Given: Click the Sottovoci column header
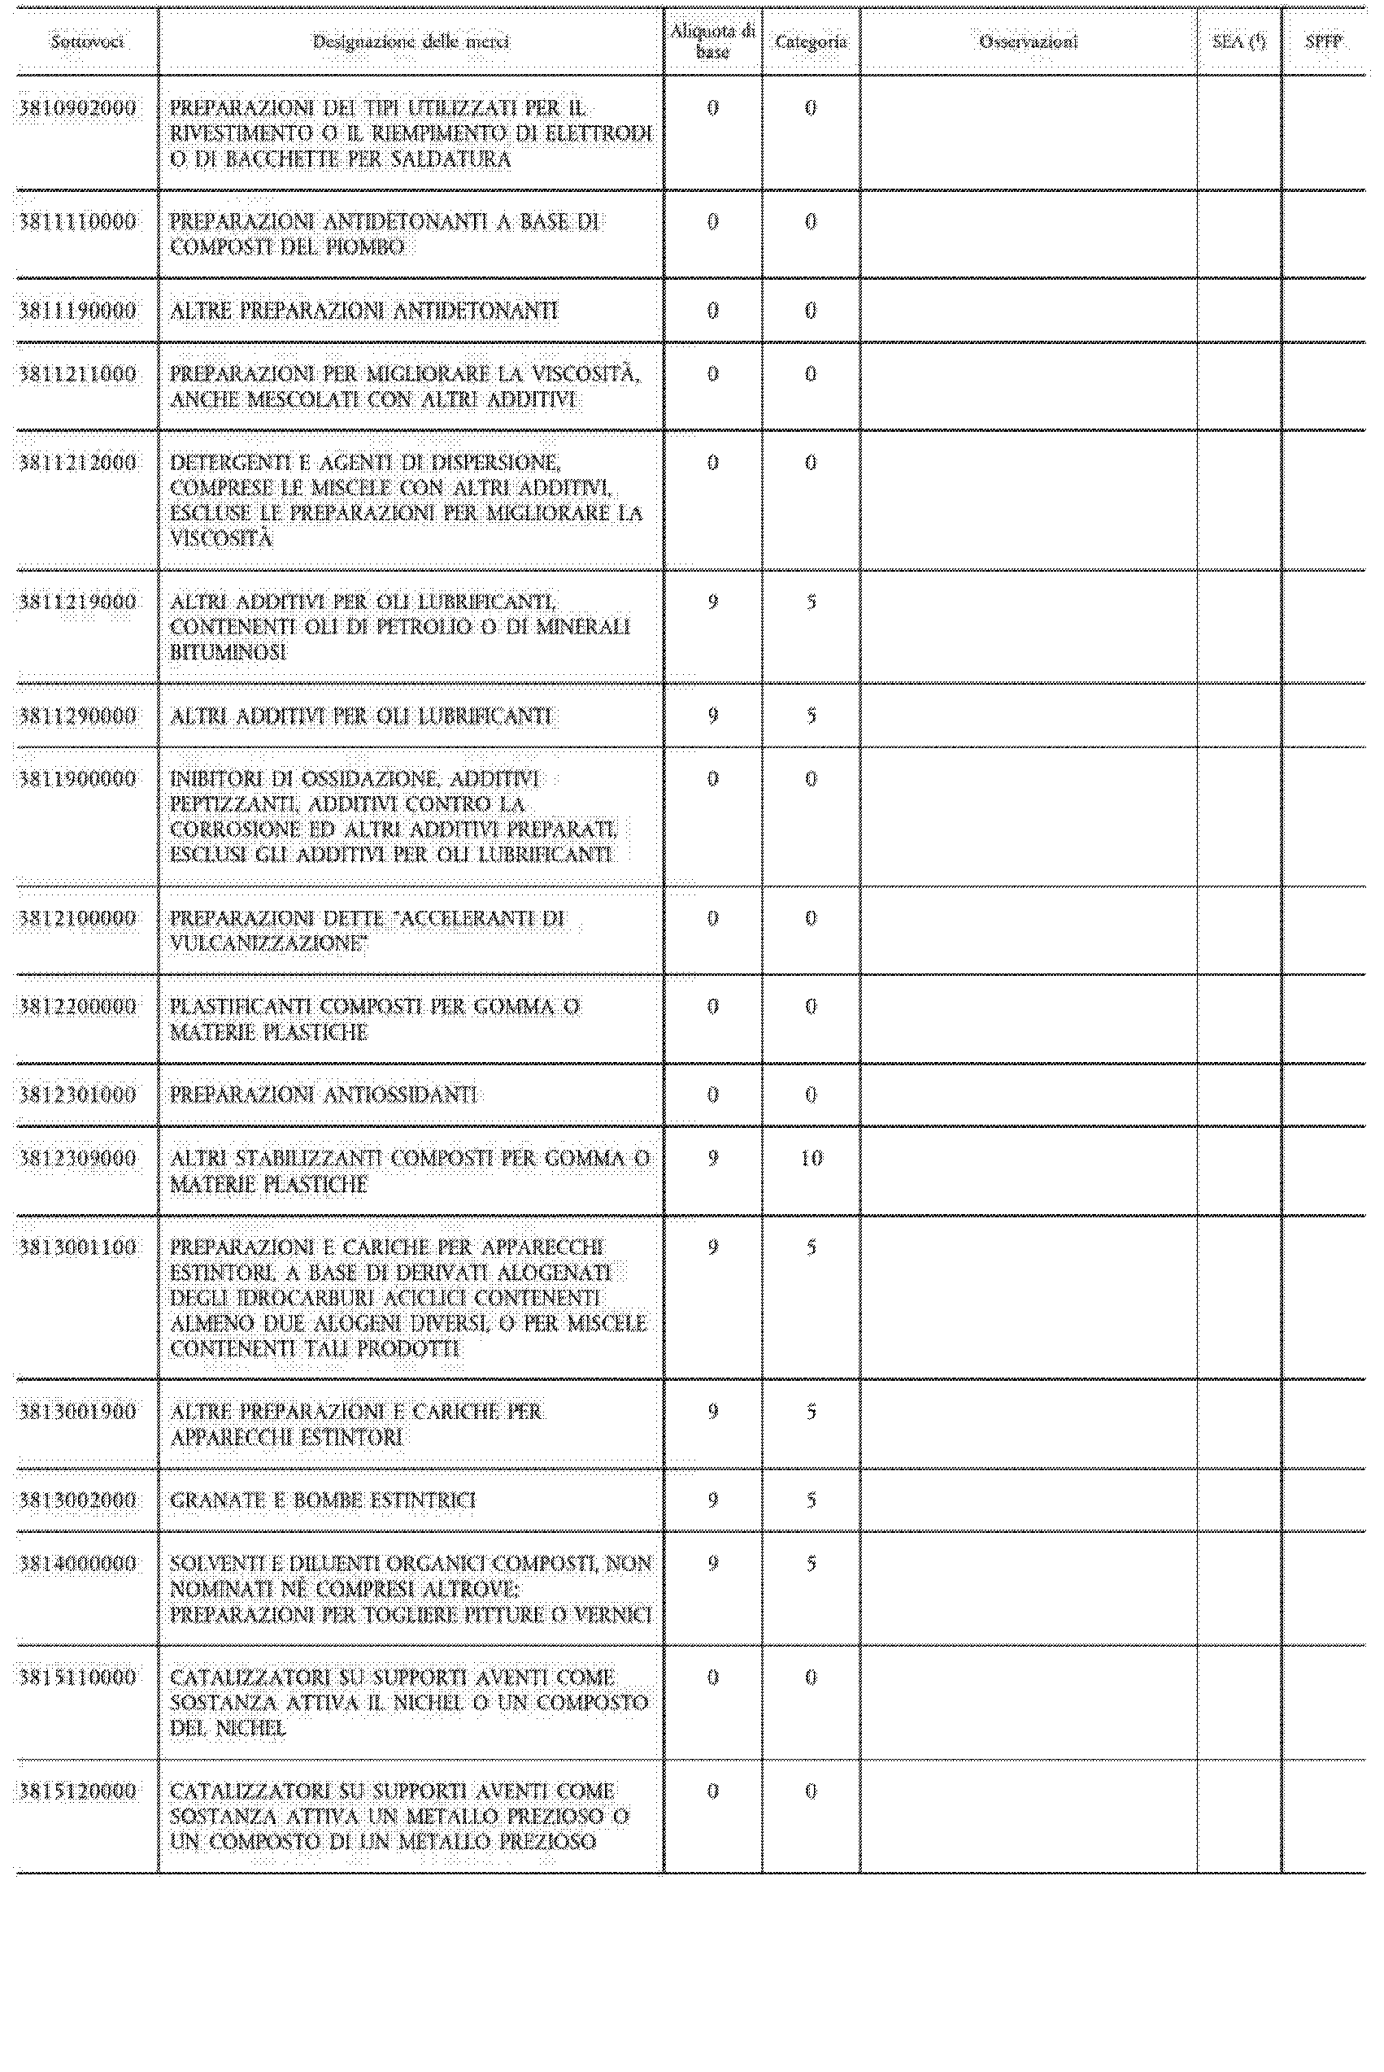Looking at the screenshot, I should coord(86,41).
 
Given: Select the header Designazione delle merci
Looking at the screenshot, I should coord(411,41).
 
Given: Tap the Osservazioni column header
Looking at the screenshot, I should coord(1029,41).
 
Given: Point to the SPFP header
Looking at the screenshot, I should coord(1323,41).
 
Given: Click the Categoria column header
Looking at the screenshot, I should coord(810,41).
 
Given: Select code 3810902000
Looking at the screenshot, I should coord(78,108).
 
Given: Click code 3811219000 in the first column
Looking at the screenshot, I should coord(78,602).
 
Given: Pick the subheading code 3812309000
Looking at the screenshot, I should coord(78,1159).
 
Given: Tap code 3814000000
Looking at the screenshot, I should coord(78,1564).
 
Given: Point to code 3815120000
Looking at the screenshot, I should coord(78,1791).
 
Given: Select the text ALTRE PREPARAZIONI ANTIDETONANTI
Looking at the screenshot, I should coord(363,311).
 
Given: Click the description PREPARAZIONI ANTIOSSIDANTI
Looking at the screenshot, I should coord(323,1095).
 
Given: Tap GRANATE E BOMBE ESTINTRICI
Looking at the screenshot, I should coord(322,1500).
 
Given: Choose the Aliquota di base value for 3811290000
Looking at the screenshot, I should coord(713,716).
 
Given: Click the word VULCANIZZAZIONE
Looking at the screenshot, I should coord(268,943).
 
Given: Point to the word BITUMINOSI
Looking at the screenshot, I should coord(228,653).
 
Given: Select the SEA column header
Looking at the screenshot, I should coord(1239,41).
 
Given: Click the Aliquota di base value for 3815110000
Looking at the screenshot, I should coord(713,1678).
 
